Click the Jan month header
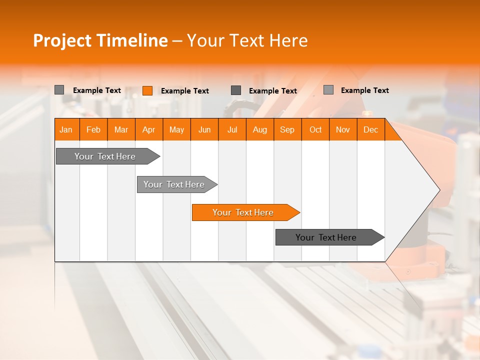click(x=66, y=129)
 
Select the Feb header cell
click(x=93, y=129)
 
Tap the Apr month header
click(x=149, y=129)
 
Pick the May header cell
click(x=176, y=129)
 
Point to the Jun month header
click(x=204, y=129)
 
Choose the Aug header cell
click(x=260, y=129)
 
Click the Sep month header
click(x=287, y=129)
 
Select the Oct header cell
click(x=315, y=129)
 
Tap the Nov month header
click(x=343, y=129)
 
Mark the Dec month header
click(x=371, y=129)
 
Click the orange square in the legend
click(x=147, y=90)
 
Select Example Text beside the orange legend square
click(x=185, y=91)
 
